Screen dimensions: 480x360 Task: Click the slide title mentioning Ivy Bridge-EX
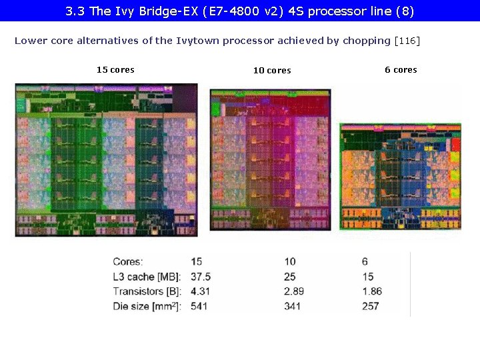pos(240,11)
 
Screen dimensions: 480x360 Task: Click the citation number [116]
pos(407,41)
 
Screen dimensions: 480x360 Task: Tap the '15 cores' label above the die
pos(115,70)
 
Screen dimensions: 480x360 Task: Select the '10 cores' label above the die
pos(272,71)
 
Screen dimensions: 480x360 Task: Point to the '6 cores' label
pos(401,70)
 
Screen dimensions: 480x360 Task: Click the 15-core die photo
pos(106,160)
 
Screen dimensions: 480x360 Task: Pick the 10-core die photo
pos(270,160)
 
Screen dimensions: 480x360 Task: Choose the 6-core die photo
pos(400,177)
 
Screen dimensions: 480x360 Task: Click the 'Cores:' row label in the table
pos(128,262)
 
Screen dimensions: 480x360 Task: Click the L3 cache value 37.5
pos(200,277)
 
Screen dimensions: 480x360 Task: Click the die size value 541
pos(199,306)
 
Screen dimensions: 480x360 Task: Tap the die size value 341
pos(292,306)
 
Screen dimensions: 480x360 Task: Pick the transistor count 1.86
pos(372,291)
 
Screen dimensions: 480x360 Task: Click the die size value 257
pos(371,306)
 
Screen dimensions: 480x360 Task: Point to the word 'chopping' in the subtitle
pos(366,41)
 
